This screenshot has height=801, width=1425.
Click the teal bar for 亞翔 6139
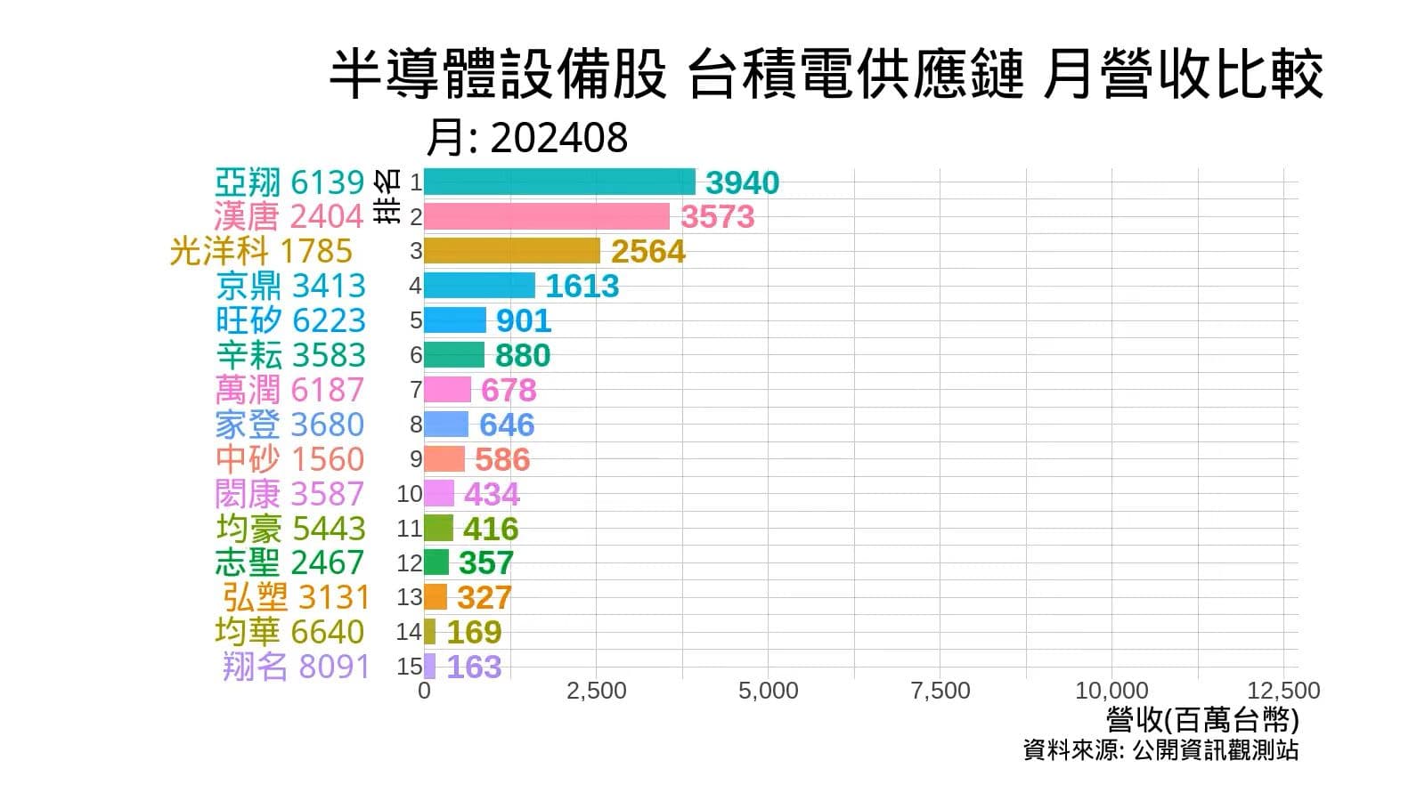(559, 182)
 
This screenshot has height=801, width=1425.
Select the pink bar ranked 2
(546, 216)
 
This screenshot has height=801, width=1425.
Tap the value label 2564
(647, 251)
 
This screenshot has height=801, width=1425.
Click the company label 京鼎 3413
(290, 286)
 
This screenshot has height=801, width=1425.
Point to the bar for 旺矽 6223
(454, 320)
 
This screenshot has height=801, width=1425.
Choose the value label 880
(523, 355)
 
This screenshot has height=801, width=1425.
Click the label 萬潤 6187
(289, 390)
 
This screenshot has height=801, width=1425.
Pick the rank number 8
(416, 425)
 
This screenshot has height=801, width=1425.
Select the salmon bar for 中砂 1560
(444, 459)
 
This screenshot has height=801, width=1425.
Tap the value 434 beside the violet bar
(492, 494)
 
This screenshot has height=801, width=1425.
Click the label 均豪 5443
(290, 529)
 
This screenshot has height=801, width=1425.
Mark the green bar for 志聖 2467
(436, 562)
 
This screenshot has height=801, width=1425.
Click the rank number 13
(409, 597)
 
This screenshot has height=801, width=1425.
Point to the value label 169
(474, 632)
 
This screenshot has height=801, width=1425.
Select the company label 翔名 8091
(296, 667)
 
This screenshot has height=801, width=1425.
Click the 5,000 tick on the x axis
(768, 691)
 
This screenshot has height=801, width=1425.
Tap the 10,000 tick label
(1111, 691)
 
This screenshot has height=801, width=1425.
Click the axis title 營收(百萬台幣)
(1202, 719)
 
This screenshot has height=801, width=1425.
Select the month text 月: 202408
(526, 138)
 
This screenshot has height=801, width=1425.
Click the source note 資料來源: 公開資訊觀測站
(1160, 750)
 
